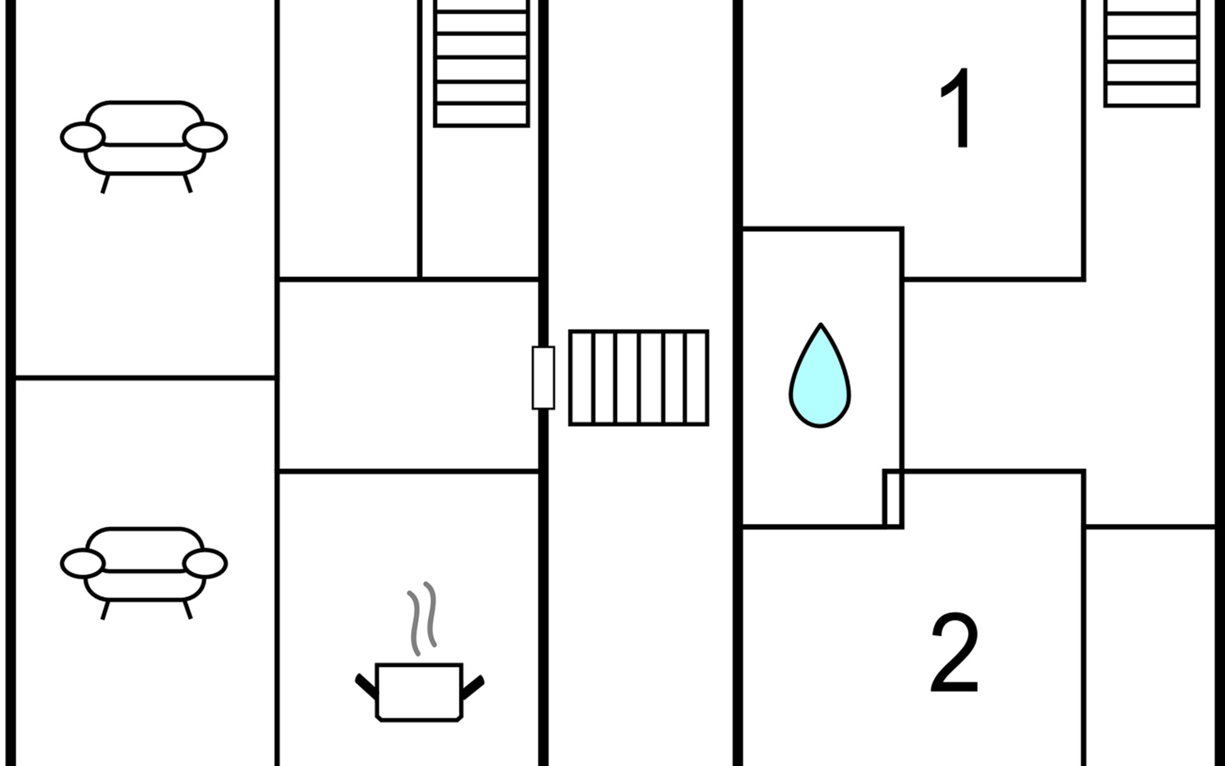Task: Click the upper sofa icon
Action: point(144,147)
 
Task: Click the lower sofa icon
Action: point(144,573)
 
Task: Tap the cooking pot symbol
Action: point(419,693)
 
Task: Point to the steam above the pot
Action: point(422,618)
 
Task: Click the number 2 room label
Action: point(954,653)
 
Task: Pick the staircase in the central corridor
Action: point(639,377)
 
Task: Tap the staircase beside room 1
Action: point(1152,53)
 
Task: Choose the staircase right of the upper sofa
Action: point(481,63)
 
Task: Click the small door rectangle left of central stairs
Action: point(544,377)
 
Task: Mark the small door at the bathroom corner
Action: point(893,498)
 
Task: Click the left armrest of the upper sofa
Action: point(82,137)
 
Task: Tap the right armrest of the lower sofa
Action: point(205,564)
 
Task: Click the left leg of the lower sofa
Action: point(106,610)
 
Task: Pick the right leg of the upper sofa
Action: point(188,184)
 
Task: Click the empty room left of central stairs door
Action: point(408,375)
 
